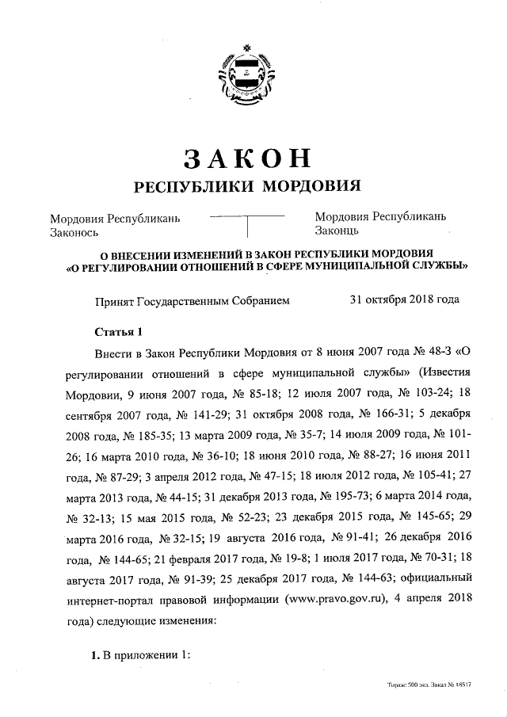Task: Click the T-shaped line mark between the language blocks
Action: [247, 223]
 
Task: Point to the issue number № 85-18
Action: [250, 394]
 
